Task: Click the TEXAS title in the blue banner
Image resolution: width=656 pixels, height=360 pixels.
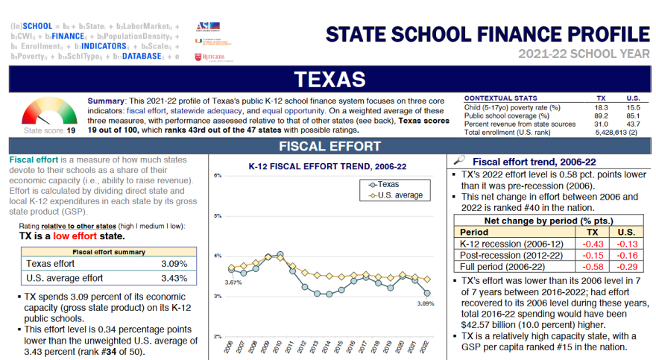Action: coord(329,79)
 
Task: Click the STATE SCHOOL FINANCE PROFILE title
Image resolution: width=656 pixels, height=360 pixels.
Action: coord(488,34)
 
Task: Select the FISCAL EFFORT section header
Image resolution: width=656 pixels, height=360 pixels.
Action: coord(329,146)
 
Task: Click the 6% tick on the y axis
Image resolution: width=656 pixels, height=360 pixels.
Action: coord(218,176)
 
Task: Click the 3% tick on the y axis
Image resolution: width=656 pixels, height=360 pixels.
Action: coord(218,296)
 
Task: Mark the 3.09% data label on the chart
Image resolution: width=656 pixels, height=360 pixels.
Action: coord(426,303)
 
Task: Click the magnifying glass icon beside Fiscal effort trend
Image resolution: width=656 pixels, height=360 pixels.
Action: coord(460,160)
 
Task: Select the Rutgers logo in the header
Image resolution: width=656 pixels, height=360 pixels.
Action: coord(208,57)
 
